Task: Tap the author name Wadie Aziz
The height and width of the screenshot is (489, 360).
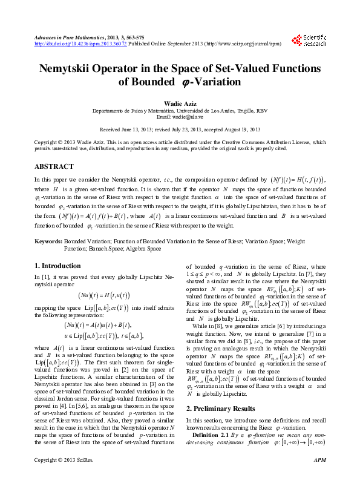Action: [180, 104]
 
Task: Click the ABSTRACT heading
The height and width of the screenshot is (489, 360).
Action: [54, 165]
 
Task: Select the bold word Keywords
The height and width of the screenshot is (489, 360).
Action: [48, 241]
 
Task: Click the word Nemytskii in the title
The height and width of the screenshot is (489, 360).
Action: [68, 69]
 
